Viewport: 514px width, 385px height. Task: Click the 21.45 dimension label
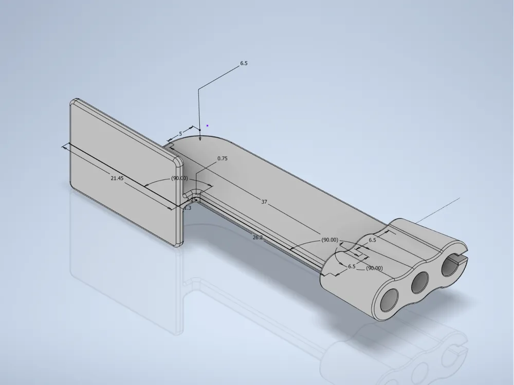117,178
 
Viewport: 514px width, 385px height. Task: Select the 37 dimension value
264,202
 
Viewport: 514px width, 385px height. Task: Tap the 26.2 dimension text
258,237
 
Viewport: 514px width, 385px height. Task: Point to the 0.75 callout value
222,159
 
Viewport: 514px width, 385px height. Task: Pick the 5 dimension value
180,134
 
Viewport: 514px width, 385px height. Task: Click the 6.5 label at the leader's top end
244,63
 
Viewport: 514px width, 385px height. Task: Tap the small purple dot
207,125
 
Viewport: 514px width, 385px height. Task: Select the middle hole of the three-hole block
419,282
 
